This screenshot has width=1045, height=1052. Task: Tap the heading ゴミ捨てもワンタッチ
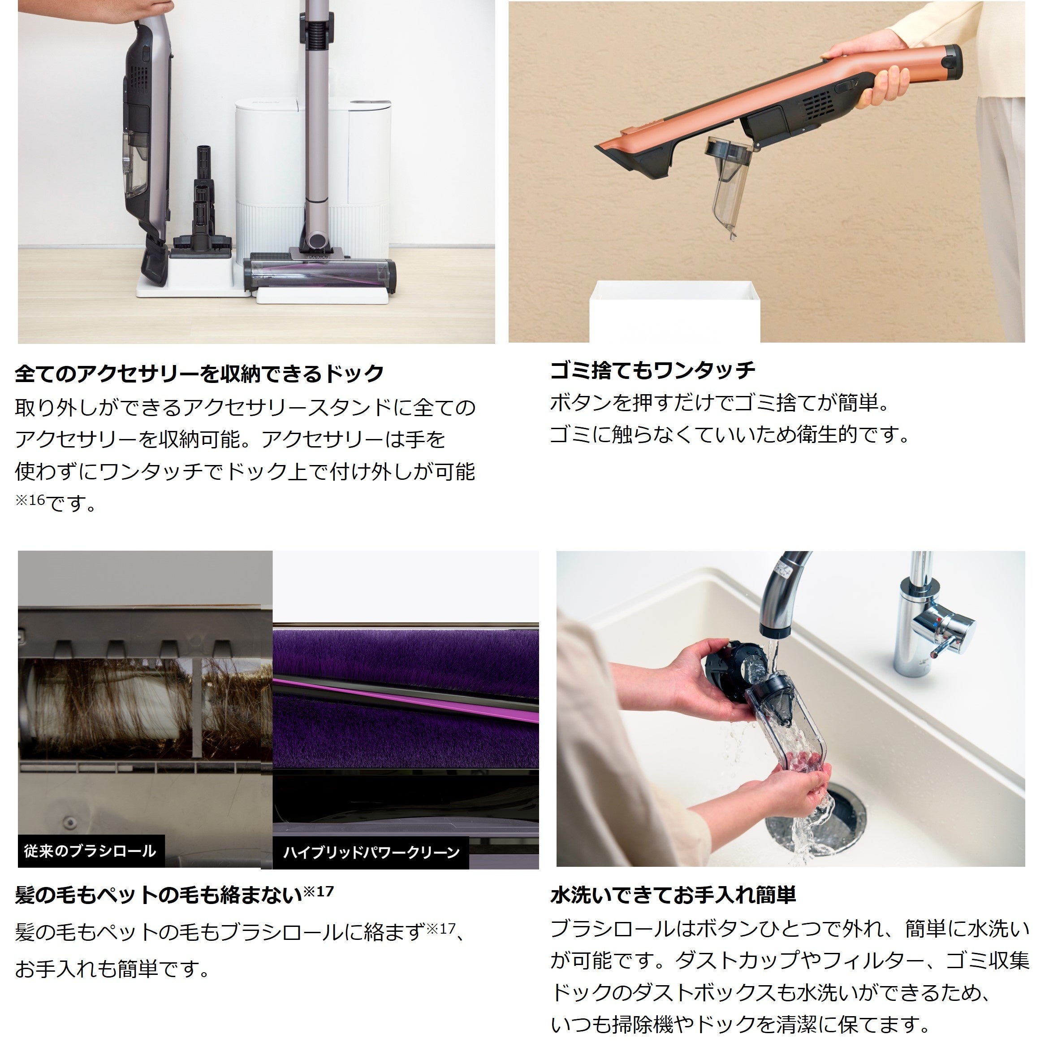[x=652, y=370]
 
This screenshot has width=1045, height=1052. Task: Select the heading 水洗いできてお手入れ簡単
[x=673, y=895]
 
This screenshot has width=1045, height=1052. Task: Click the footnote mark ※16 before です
[x=30, y=500]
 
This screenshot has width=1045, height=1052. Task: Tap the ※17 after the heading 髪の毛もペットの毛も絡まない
[x=319, y=892]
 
